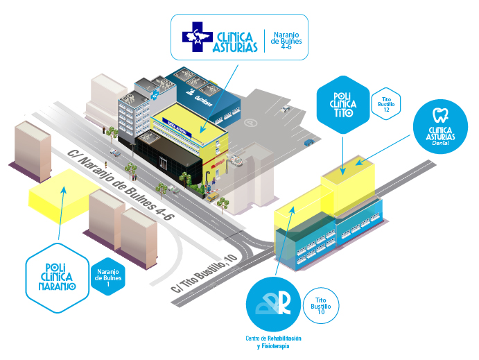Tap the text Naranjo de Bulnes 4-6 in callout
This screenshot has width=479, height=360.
point(288,40)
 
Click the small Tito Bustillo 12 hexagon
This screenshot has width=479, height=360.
point(385,104)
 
